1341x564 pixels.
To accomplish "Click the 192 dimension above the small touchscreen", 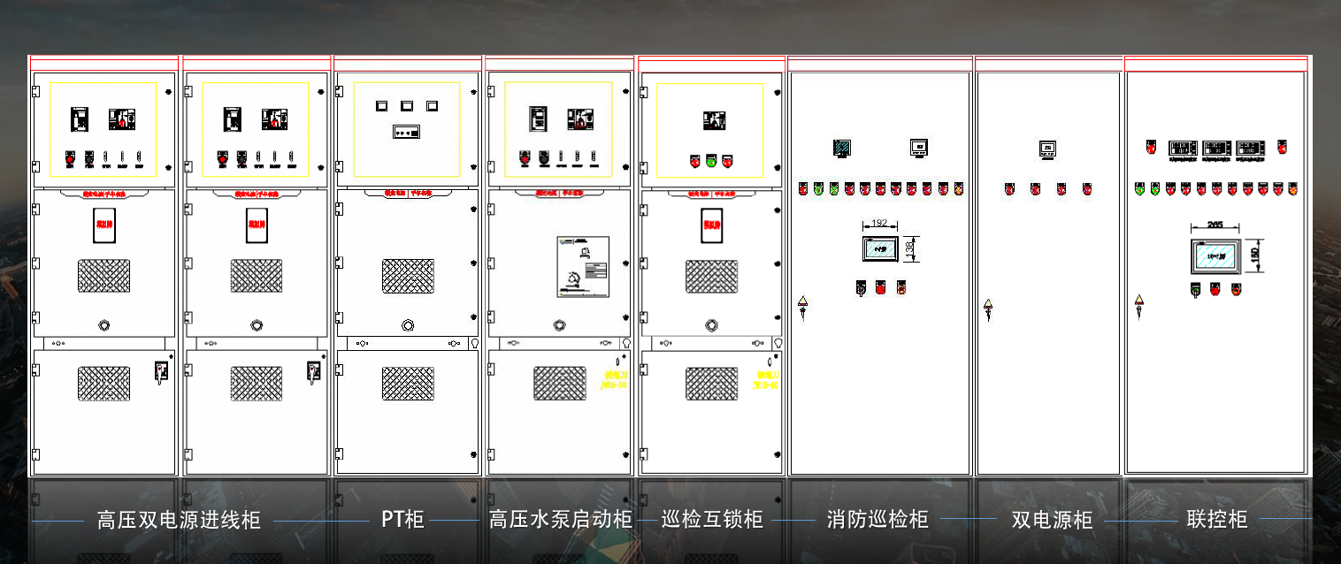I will pos(879,224).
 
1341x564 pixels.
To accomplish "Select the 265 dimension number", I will pos(1215,225).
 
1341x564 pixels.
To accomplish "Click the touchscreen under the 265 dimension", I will pos(1215,255).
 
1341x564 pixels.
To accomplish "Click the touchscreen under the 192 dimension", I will pos(880,248).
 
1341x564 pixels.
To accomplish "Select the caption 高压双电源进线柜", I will pos(179,520).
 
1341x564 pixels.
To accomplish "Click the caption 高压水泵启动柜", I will pos(561,520).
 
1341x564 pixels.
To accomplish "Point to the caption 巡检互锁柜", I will pos(712,519).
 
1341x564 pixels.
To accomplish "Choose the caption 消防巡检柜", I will pos(877,519).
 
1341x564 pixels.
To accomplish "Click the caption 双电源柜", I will pos(1053,520).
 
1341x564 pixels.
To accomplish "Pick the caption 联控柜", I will pos(1217,519).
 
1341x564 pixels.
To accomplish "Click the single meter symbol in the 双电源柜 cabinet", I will pos(1048,149).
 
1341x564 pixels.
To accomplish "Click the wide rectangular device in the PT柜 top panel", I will pos(407,133).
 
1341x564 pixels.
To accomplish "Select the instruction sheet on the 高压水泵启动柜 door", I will pos(583,266).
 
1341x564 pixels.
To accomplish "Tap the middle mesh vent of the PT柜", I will pos(408,276).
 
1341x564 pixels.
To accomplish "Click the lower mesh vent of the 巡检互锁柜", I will pos(712,383).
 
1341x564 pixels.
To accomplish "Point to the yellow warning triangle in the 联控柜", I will pos(1139,301).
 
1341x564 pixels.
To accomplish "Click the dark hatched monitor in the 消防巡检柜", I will pos(842,149).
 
